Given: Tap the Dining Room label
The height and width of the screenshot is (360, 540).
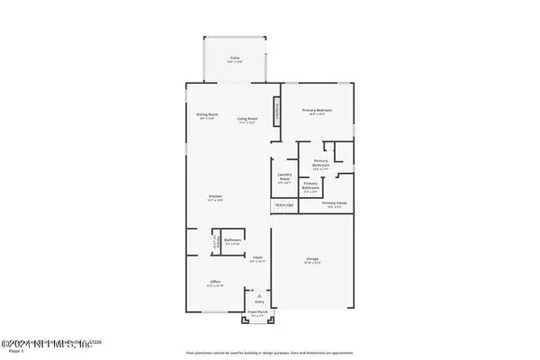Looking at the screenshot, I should (209, 116).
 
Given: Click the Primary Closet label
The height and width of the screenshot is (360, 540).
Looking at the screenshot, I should (333, 204).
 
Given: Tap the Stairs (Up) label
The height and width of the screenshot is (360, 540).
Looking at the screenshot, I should (284, 204).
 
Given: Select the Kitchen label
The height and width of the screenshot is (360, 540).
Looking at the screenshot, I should (216, 197).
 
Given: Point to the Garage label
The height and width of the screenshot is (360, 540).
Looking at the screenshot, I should (312, 260).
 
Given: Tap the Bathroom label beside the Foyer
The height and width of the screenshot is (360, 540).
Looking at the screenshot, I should (231, 241).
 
